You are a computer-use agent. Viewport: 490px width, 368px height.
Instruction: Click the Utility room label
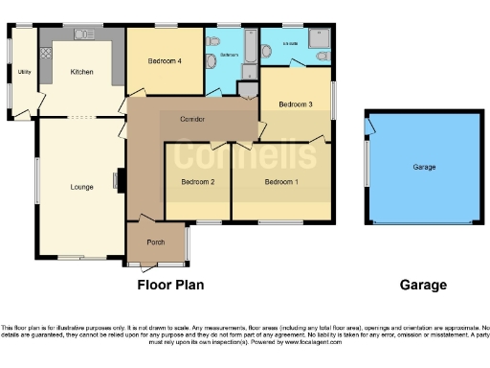pos(23,72)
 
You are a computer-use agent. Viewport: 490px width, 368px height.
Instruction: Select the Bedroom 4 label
pos(164,61)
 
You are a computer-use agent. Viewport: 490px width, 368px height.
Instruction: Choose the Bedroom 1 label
pos(281,182)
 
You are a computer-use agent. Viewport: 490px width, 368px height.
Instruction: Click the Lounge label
pos(81,186)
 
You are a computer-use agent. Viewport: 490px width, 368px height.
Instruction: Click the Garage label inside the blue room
pos(424,167)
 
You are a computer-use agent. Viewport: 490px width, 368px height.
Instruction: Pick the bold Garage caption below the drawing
pos(423,285)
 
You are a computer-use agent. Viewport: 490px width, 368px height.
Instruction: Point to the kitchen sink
pos(80,34)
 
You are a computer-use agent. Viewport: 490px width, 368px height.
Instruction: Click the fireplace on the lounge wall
pos(120,179)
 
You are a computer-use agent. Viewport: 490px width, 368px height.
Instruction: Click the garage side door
pos(368,125)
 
